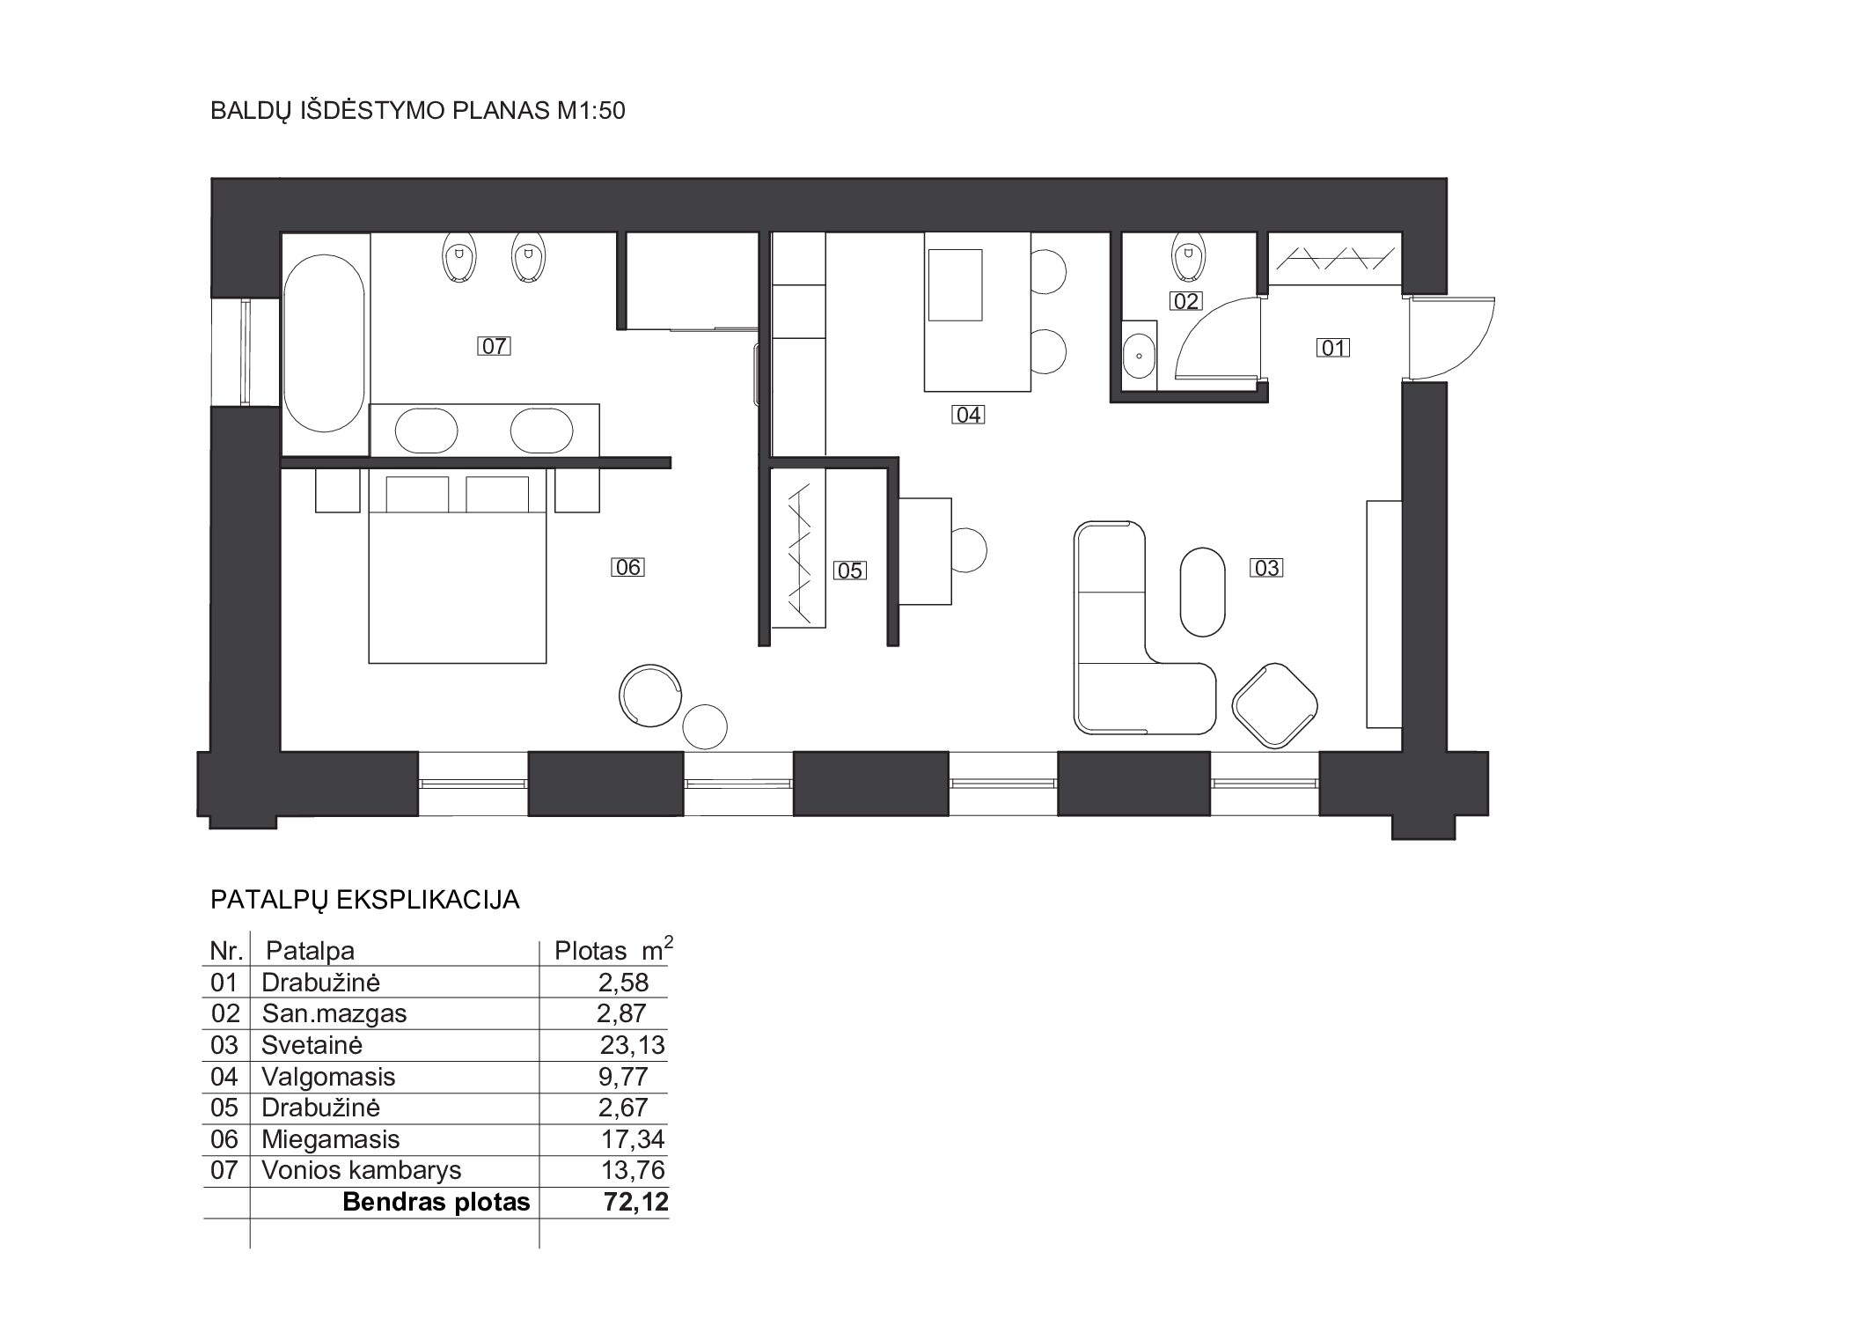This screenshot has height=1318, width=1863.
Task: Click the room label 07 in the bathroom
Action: pyautogui.click(x=494, y=346)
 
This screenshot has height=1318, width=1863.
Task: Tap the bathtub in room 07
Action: pyautogui.click(x=325, y=344)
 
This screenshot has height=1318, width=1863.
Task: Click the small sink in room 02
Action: pyautogui.click(x=1141, y=356)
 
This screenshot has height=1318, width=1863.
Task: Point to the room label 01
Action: pyautogui.click(x=1333, y=348)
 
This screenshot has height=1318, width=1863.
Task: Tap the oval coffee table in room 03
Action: pyautogui.click(x=1201, y=592)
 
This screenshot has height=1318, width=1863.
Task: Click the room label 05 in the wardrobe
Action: pyautogui.click(x=849, y=571)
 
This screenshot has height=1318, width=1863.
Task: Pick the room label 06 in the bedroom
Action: pyautogui.click(x=627, y=567)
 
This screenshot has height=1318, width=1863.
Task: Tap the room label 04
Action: pyautogui.click(x=968, y=415)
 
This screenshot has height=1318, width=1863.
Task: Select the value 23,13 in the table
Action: pyautogui.click(x=632, y=1045)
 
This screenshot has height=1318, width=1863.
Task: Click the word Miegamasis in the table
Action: pyautogui.click(x=331, y=1139)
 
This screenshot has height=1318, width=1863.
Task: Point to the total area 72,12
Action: pyautogui.click(x=635, y=1202)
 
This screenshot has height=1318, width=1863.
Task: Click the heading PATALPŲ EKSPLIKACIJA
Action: pyautogui.click(x=365, y=900)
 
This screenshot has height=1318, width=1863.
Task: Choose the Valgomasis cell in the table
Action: pyautogui.click(x=328, y=1077)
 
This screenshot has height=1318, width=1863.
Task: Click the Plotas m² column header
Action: pyautogui.click(x=613, y=949)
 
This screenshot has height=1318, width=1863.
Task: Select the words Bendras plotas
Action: pyautogui.click(x=436, y=1202)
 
